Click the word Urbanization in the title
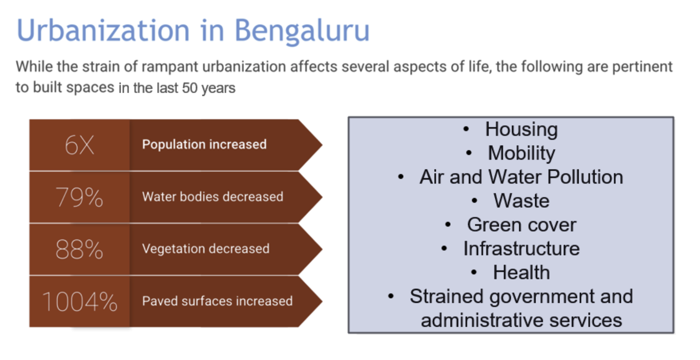pyautogui.click(x=103, y=30)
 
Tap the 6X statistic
pyautogui.click(x=79, y=145)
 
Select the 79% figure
pyautogui.click(x=79, y=197)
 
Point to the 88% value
pyautogui.click(x=79, y=249)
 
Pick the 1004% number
pyautogui.click(x=80, y=302)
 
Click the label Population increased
pyautogui.click(x=204, y=144)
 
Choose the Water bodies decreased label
pyautogui.click(x=213, y=196)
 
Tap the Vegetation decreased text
pyautogui.click(x=206, y=249)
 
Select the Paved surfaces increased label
pyautogui.click(x=217, y=301)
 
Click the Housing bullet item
pyautogui.click(x=521, y=130)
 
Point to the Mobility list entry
pyautogui.click(x=521, y=153)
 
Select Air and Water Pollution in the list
pyautogui.click(x=521, y=177)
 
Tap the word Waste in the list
pyautogui.click(x=521, y=201)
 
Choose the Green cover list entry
pyautogui.click(x=521, y=225)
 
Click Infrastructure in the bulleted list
pyautogui.click(x=521, y=249)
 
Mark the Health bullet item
pyautogui.click(x=521, y=272)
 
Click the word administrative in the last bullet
pyautogui.click(x=482, y=320)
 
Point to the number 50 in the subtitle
pyautogui.click(x=190, y=88)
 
